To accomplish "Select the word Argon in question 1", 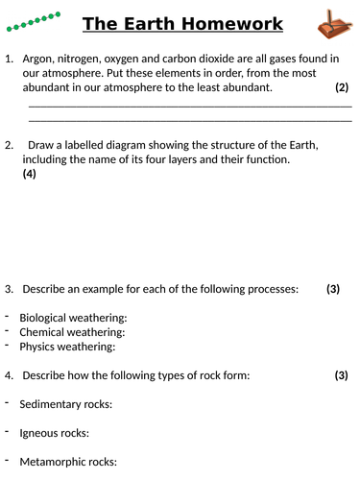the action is (40, 60).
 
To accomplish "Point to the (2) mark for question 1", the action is (342, 87).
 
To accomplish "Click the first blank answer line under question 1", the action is (190, 105).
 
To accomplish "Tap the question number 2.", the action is (9, 146).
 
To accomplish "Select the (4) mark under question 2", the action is (29, 175).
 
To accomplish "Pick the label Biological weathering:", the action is (73, 318).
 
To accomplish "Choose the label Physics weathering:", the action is (67, 347).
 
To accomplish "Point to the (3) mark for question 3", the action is (333, 289).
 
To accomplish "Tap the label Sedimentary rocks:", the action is (65, 404).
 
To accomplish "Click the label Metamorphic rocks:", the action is (68, 462).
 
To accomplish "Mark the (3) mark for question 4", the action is (341, 375).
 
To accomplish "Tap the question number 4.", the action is (9, 375).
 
